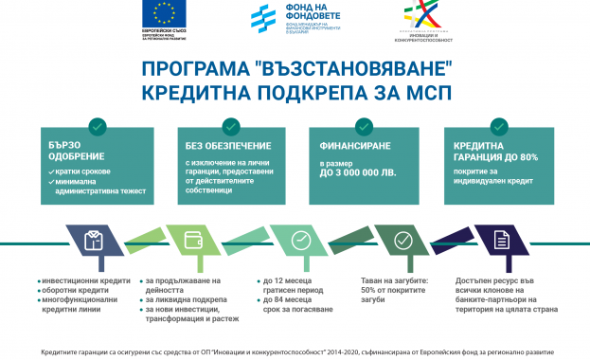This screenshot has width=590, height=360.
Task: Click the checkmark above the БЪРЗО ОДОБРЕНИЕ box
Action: click(96, 126)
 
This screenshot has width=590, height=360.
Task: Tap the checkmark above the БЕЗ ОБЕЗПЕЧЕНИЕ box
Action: click(230, 126)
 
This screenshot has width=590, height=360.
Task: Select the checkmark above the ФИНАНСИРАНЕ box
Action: click(365, 126)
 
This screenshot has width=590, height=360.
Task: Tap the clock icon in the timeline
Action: click(301, 241)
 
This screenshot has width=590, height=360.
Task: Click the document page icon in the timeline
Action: click(501, 241)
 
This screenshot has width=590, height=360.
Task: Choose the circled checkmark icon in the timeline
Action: click(402, 241)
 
